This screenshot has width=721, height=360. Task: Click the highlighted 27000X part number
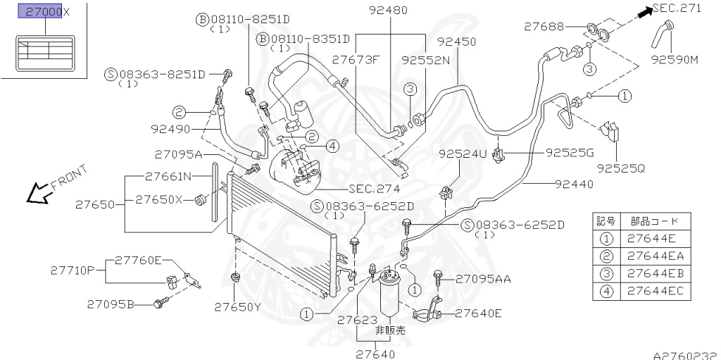(43, 12)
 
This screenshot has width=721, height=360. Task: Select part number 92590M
(674, 59)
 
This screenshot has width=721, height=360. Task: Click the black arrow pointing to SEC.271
(643, 11)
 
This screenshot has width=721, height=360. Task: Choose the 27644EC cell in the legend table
(655, 290)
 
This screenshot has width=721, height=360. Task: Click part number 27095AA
(482, 278)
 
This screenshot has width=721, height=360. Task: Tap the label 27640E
(478, 313)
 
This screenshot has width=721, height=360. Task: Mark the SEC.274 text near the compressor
(374, 189)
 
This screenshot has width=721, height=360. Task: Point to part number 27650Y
(238, 306)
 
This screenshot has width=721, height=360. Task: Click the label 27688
(544, 27)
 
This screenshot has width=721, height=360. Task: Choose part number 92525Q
(620, 168)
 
